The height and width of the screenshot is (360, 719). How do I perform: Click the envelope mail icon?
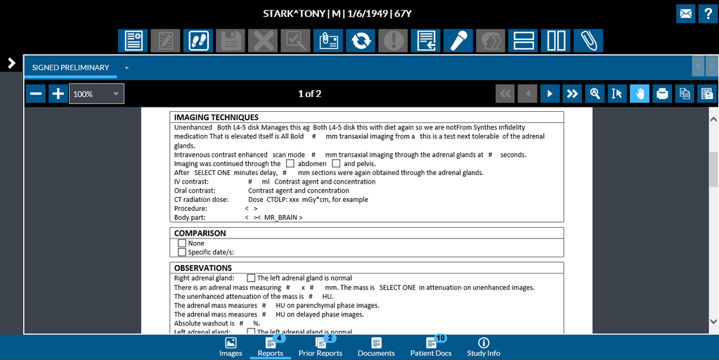(685, 13)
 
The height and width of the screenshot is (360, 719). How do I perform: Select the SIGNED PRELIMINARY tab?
(70, 67)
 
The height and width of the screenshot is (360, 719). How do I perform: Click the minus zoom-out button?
(36, 94)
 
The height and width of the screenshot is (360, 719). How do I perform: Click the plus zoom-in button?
(58, 94)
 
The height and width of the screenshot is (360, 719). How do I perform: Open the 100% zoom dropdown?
(96, 94)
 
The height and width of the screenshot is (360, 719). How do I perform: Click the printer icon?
(661, 94)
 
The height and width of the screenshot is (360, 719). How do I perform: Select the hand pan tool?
(640, 94)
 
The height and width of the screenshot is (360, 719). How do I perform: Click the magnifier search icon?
(595, 94)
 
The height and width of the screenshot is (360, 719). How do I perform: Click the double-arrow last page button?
(572, 94)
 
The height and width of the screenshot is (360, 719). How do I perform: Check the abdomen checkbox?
(290, 164)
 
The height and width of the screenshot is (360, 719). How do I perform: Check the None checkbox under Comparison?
(182, 243)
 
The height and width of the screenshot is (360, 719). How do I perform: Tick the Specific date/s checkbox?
(182, 252)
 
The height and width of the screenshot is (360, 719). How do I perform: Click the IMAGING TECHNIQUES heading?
(216, 117)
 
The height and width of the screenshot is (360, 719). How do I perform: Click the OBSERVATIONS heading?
(203, 268)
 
